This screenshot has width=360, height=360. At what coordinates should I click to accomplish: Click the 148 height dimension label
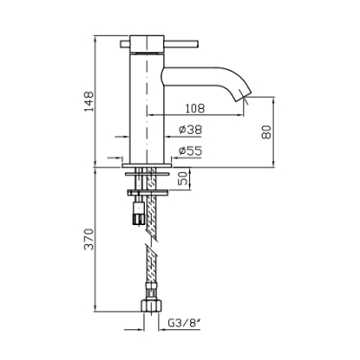89,102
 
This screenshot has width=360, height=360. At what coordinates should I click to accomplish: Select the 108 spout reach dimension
194,108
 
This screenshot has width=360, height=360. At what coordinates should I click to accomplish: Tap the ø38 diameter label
191,130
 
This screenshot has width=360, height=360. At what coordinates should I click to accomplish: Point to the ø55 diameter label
191,150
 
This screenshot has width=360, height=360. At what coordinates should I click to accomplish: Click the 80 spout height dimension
266,131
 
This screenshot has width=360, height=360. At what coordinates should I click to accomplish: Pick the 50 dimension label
184,178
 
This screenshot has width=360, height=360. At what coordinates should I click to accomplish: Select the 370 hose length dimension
89,239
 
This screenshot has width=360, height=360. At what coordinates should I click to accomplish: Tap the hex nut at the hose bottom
151,305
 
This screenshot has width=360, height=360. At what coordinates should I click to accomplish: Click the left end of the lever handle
121,44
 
